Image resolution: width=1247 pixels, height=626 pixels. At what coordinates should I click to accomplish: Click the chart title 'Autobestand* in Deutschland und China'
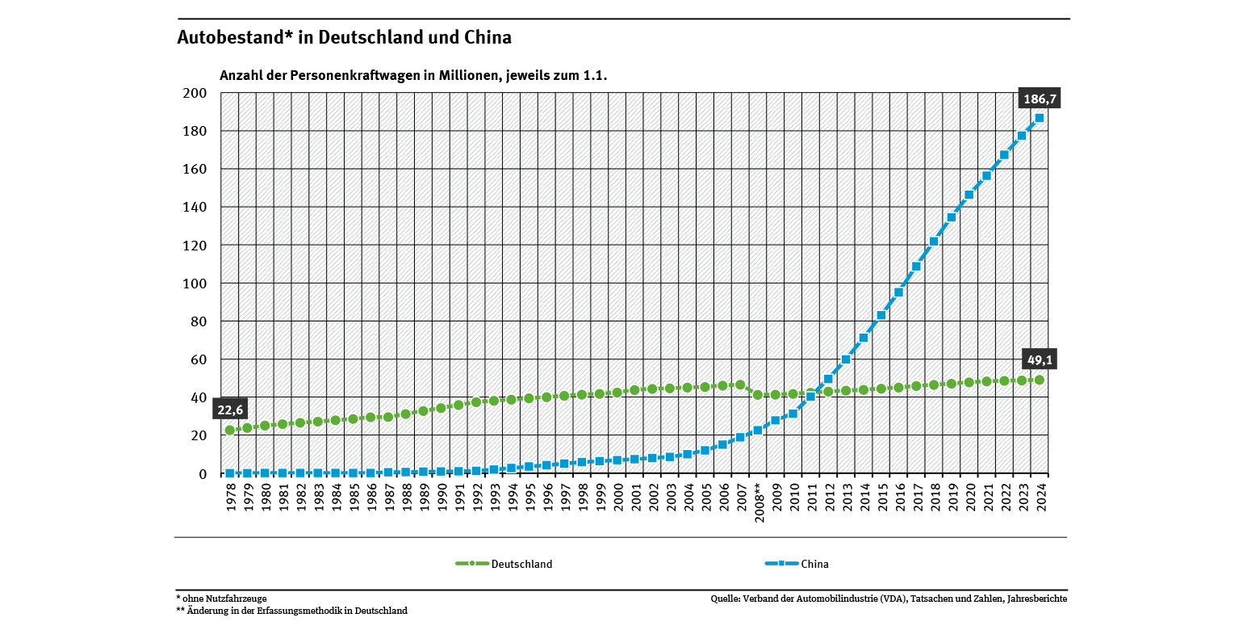[x=344, y=38]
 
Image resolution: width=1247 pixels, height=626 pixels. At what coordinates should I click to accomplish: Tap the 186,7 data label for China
[x=1040, y=99]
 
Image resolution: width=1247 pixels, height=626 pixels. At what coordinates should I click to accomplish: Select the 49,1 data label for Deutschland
[x=1040, y=359]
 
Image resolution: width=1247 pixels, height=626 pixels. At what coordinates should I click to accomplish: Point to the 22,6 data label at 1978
[x=231, y=410]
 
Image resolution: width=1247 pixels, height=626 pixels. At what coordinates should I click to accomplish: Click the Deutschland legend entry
[x=504, y=564]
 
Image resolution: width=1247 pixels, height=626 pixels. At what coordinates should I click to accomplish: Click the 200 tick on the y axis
[x=197, y=94]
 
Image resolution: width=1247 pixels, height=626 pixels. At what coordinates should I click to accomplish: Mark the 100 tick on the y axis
[x=197, y=284]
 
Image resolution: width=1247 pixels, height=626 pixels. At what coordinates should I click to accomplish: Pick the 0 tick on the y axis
[x=203, y=474]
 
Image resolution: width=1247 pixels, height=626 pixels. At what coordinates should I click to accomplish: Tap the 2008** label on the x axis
[x=758, y=502]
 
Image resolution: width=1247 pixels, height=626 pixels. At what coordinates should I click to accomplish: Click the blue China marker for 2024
[x=1040, y=118]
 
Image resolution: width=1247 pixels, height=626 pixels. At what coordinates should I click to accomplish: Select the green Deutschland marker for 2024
[x=1040, y=380]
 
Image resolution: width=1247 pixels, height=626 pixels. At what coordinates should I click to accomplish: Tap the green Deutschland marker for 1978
[x=230, y=431]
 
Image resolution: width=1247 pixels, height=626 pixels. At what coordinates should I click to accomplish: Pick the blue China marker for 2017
[x=916, y=267]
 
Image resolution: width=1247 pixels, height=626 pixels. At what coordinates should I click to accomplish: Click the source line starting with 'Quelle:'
[x=889, y=599]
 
